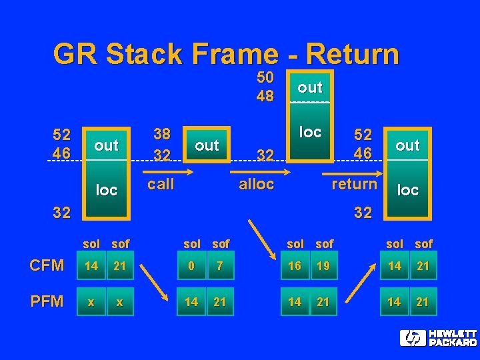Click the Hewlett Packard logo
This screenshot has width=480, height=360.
click(439, 338)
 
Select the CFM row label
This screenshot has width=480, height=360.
click(47, 266)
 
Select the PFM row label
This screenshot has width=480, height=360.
click(47, 302)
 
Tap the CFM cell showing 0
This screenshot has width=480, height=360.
click(191, 266)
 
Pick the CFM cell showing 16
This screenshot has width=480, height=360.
click(295, 266)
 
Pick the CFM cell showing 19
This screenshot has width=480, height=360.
click(323, 266)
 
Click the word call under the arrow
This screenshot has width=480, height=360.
click(161, 184)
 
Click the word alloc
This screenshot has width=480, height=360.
click(256, 184)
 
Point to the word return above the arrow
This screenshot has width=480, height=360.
click(354, 183)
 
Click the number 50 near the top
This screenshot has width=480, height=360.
click(265, 78)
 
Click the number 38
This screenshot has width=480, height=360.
click(162, 134)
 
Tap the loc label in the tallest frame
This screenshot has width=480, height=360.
click(310, 132)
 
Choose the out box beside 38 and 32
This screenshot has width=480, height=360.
click(207, 145)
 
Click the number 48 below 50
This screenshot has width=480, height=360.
click(265, 96)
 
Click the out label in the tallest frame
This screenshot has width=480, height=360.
click(310, 87)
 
